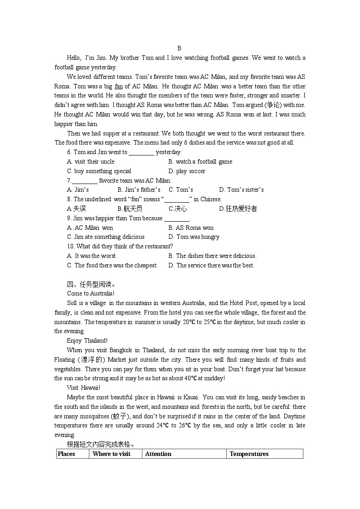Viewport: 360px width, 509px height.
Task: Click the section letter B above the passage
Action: [179, 48]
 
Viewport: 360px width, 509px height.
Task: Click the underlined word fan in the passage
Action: [119, 86]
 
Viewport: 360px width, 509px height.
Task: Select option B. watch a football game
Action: [200, 161]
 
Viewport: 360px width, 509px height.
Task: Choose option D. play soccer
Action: [187, 171]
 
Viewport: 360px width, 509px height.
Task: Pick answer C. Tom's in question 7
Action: [181, 189]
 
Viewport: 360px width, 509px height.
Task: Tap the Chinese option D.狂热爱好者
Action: [238, 208]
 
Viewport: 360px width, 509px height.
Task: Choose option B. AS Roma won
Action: [191, 228]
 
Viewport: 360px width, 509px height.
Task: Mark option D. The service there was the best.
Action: [211, 265]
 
